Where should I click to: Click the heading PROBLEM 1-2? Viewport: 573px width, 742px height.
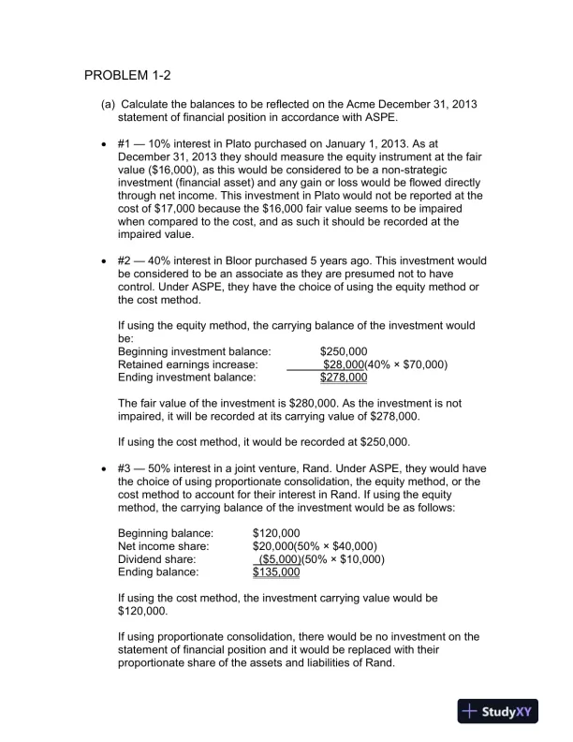point(127,75)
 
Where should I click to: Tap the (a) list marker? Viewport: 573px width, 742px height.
point(109,103)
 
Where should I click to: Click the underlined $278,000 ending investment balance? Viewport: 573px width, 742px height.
point(344,378)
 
